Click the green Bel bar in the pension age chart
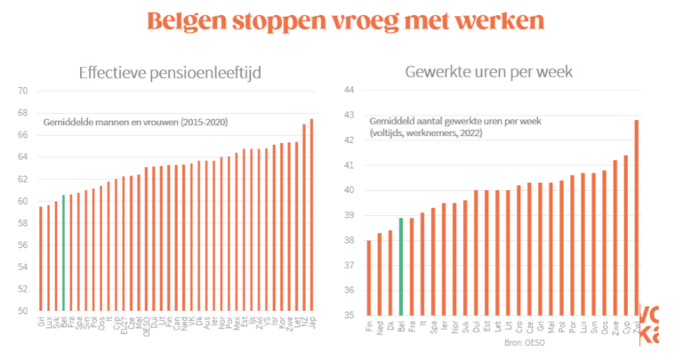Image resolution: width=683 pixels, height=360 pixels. (x=63, y=252)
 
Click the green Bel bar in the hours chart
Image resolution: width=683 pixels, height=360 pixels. (x=400, y=267)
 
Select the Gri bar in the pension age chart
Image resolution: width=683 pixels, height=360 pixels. (x=41, y=259)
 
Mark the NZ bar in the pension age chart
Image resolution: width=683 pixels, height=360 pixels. (x=304, y=218)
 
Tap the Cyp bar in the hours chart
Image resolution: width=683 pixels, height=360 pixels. (x=626, y=236)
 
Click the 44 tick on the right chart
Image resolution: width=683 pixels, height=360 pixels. (x=348, y=91)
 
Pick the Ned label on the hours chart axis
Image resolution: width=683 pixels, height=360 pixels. (x=381, y=325)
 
